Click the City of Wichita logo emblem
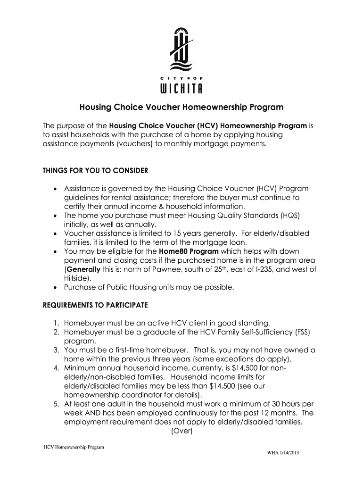pyautogui.click(x=181, y=49)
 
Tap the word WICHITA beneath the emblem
pyautogui.click(x=181, y=89)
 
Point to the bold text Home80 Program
pyautogui.click(x=189, y=251)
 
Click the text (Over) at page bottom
pyautogui.click(x=181, y=431)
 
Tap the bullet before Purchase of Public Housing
pyautogui.click(x=55, y=287)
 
